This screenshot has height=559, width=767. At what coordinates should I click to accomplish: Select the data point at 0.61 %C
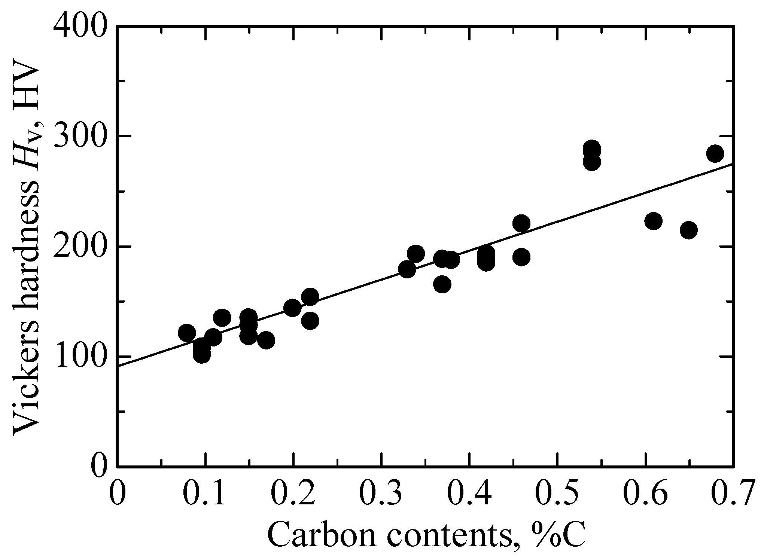coord(654,221)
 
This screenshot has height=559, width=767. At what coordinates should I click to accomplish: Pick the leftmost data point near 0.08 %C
coord(187,333)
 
